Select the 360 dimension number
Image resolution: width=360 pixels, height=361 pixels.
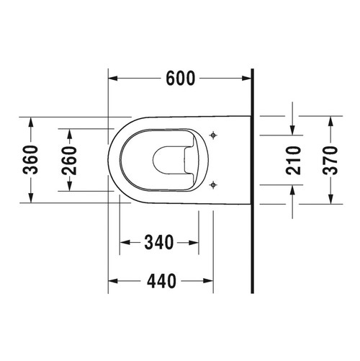tap(30, 159)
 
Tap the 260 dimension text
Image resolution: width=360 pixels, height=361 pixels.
tap(70, 159)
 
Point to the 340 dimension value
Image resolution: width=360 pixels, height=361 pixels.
tap(159, 243)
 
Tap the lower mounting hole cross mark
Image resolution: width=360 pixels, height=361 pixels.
tap(213, 185)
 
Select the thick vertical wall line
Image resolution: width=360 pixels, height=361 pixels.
tap(253, 180)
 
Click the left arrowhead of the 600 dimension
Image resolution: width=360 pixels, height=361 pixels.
tap(112, 78)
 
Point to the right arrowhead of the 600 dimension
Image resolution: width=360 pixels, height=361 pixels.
tap(248, 78)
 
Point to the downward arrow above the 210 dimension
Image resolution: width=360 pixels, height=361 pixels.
tap(292, 128)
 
